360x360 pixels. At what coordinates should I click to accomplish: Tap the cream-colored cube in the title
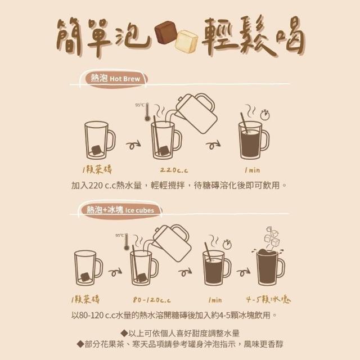186,42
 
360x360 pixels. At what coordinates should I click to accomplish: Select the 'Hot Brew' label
125,79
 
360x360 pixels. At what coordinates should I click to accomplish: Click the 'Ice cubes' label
139,210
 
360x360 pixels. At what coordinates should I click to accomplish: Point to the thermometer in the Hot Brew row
147,112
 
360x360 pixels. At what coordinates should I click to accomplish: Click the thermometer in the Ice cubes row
126,242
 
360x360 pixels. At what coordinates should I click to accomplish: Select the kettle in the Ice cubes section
171,243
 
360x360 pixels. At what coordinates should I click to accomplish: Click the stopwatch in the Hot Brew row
265,115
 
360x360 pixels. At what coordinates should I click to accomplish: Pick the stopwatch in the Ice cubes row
227,244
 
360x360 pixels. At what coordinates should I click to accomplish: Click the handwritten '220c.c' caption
174,170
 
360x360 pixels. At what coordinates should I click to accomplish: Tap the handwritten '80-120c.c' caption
152,300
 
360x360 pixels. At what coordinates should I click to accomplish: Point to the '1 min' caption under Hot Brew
253,170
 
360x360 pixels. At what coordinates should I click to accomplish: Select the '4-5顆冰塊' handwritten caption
268,299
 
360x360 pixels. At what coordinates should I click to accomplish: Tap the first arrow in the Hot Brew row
133,145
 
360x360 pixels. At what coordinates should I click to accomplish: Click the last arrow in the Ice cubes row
244,272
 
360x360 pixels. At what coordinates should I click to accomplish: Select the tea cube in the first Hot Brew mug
96,150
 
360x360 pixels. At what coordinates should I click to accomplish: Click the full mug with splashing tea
269,267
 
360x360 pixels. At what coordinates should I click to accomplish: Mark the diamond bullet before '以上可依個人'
124,333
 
